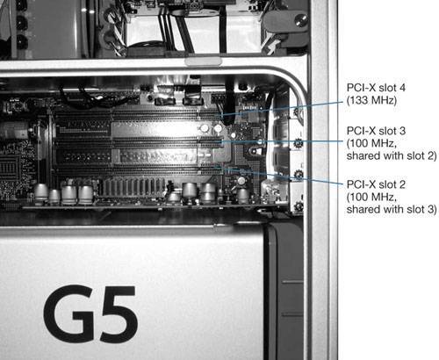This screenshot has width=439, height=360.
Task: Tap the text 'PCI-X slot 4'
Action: click(376, 88)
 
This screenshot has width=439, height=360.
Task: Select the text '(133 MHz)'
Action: click(371, 100)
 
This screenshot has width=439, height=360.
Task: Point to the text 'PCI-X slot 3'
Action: click(376, 131)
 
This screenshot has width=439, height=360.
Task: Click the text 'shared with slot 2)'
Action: click(392, 155)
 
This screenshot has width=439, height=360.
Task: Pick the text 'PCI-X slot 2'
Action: click(376, 184)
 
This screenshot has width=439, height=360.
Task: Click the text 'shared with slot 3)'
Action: click(392, 210)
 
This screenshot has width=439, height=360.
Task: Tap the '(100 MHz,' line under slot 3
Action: click(371, 143)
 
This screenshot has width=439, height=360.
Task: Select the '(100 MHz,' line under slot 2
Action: click(371, 198)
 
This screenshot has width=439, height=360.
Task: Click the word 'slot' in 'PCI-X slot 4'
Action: click(387, 88)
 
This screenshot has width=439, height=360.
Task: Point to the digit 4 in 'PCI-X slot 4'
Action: click(402, 88)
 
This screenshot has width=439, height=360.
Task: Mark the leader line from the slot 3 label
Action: click(282, 141)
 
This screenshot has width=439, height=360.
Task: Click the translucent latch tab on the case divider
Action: click(203, 61)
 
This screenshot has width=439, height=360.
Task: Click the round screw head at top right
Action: click(300, 20)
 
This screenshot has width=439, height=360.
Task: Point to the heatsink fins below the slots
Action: click(133, 186)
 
